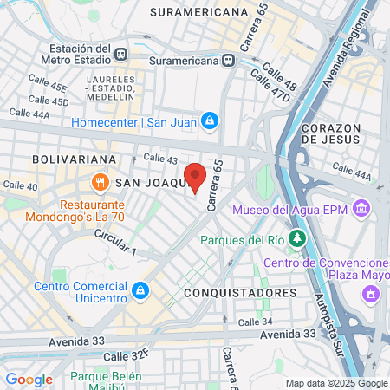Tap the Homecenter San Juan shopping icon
pyautogui.click(x=208, y=120)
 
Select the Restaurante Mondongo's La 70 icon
pyautogui.click(x=101, y=182)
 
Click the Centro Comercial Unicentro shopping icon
pyautogui.click(x=140, y=288)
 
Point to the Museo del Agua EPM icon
pyautogui.click(x=362, y=209)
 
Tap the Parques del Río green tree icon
pyautogui.click(x=297, y=237)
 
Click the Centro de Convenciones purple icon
pyautogui.click(x=371, y=295)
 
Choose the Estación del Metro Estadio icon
pyautogui.click(x=120, y=53)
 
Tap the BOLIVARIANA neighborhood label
pyautogui.click(x=74, y=160)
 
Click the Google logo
pyautogui.click(x=29, y=380)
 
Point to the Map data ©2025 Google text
pyautogui.click(x=336, y=383)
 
